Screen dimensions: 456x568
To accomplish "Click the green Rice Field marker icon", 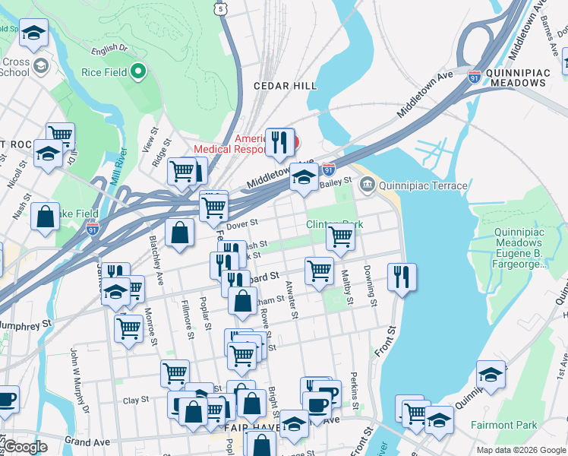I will click(x=137, y=73).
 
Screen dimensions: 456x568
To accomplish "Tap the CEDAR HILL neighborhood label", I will click(x=285, y=86).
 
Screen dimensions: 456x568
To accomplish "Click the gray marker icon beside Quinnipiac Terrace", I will click(x=368, y=183).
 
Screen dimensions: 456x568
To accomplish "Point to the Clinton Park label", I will click(x=334, y=224).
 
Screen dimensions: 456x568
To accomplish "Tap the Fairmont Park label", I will click(x=503, y=425).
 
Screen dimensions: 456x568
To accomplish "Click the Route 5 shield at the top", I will click(x=220, y=8).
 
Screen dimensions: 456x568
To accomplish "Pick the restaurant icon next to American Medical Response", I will click(x=279, y=142).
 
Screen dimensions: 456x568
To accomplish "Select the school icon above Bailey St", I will click(x=304, y=177).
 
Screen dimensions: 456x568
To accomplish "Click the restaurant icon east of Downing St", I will click(x=402, y=277).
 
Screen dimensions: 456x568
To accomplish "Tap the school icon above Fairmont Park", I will click(x=491, y=375).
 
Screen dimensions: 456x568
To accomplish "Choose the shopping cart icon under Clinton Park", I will click(x=340, y=237).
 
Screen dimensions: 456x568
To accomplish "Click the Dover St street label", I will click(x=244, y=223).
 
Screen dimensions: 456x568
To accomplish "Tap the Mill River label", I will click(x=120, y=167).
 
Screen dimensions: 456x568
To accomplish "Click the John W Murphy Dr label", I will click(x=80, y=370).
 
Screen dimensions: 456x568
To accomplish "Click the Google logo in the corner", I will click(x=25, y=447).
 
